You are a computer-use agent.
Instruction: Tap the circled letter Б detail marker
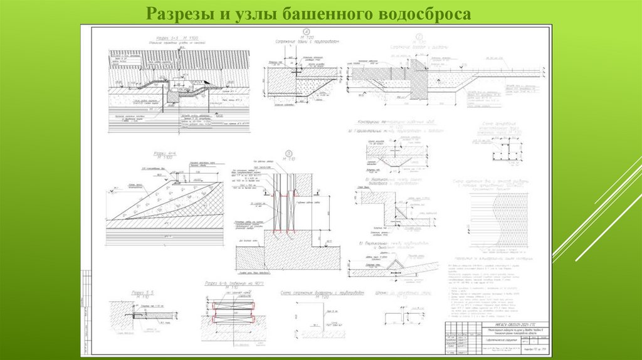(x=289, y=152)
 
